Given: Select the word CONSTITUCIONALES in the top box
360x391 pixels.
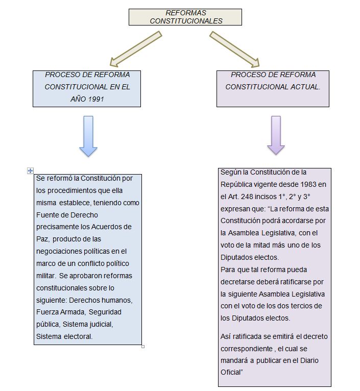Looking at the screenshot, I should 186,21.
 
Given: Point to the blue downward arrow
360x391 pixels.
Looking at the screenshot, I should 88,136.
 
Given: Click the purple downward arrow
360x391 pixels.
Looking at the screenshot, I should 276,135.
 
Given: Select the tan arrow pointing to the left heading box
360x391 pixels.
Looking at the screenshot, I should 136,50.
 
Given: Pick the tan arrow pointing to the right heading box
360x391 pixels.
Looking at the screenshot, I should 234,50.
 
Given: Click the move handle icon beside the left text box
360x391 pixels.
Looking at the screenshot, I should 30,171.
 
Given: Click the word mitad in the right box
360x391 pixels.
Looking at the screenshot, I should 263,245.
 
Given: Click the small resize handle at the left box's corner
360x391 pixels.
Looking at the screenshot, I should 142,346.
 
